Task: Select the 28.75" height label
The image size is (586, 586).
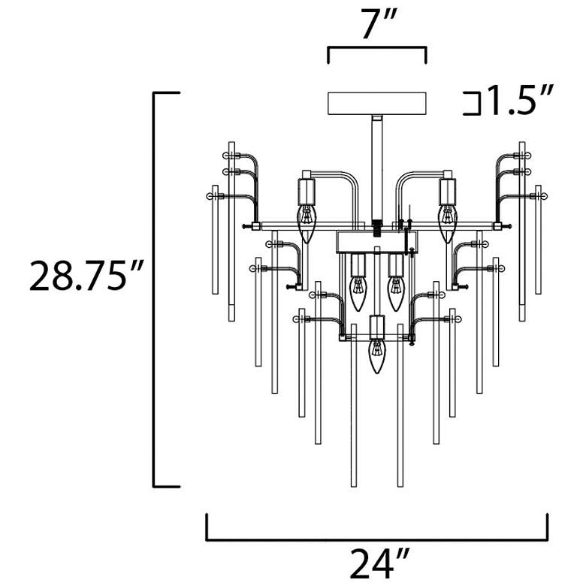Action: point(86,276)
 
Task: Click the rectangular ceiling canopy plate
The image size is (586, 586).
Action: point(376,104)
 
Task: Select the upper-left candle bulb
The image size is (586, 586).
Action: point(307,224)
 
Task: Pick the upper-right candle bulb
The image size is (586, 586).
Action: point(448,224)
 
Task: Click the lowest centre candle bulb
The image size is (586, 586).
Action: point(376,356)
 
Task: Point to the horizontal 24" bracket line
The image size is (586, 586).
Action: point(377,539)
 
